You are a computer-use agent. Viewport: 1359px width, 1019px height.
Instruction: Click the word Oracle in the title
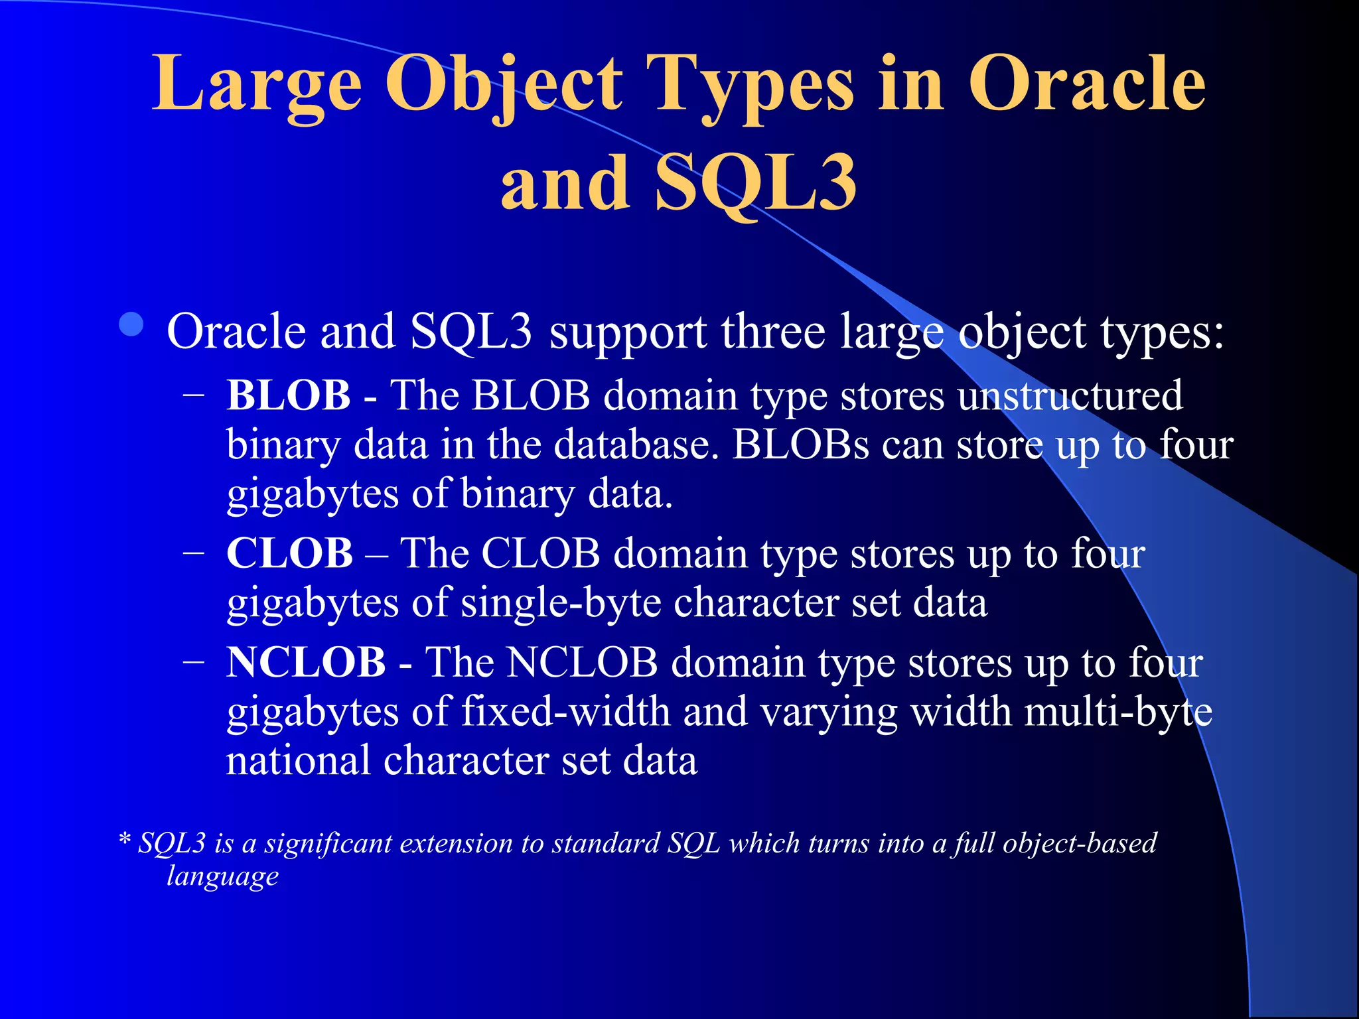coord(1086,84)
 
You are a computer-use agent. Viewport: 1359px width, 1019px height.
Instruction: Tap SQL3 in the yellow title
coord(756,182)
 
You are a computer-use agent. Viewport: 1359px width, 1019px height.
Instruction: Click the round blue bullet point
coord(132,325)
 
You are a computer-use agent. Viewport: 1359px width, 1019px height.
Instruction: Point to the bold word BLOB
coord(289,396)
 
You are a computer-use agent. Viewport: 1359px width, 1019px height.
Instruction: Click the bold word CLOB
coord(289,553)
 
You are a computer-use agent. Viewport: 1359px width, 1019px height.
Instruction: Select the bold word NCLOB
coord(306,662)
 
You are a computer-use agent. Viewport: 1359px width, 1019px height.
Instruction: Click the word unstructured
coord(1070,396)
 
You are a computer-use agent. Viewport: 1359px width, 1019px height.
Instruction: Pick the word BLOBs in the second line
coord(800,445)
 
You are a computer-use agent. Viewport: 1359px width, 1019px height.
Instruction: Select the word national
coord(298,760)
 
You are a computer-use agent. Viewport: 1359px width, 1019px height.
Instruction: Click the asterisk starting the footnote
coord(125,841)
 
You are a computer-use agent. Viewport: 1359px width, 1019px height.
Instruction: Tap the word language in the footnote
coord(222,876)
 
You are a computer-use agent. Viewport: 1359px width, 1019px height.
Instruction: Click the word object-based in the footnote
coord(1080,843)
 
